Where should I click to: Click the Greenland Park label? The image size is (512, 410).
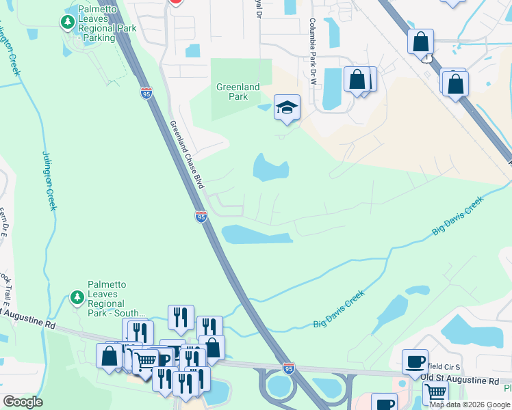coord(238,92)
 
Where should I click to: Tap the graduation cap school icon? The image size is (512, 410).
coord(287,107)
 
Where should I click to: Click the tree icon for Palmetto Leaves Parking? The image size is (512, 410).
coord(67,23)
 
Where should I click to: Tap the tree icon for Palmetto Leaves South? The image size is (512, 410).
coord(76,299)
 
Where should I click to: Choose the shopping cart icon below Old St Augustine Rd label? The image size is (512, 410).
coord(435,393)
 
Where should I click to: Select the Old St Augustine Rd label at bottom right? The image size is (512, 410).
coord(459,379)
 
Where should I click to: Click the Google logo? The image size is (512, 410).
coord(23,402)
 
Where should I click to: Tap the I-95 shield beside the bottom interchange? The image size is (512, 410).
coord(289,368)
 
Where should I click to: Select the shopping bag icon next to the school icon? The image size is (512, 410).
coord(357,79)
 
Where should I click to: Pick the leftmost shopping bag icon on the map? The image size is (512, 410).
coord(110,356)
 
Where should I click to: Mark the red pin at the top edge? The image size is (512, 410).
coord(175,2)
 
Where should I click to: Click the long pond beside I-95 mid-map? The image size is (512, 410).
coord(257,235)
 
